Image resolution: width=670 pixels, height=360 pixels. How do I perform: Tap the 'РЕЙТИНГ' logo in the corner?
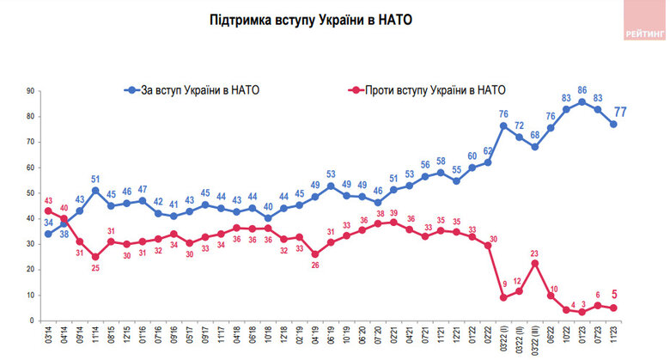click(644, 33)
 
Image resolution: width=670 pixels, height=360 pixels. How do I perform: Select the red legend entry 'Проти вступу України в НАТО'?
click(426, 88)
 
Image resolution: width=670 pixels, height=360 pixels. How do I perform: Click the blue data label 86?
click(582, 89)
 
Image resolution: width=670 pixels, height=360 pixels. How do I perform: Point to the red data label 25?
click(94, 269)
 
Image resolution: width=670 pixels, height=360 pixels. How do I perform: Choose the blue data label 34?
click(47, 222)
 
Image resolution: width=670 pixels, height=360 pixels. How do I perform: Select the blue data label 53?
click(331, 174)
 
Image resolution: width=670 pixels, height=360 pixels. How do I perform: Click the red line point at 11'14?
click(94, 257)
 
